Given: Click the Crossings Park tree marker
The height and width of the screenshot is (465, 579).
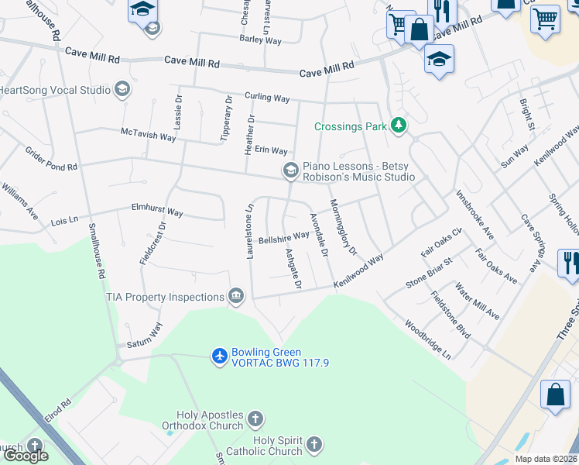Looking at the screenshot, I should (x=399, y=126).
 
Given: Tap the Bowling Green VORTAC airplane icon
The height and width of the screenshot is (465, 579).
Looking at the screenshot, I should (x=220, y=356).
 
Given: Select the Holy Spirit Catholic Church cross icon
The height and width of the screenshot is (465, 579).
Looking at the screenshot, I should (x=313, y=445).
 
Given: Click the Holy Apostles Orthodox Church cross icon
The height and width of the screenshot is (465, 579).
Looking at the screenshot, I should (x=255, y=419).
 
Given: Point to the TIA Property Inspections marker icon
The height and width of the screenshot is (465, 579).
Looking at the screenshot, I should (x=236, y=295).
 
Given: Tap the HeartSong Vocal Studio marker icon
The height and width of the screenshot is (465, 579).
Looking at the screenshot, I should (x=122, y=90).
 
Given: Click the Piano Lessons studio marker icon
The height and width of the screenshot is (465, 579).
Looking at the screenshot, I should (x=290, y=170).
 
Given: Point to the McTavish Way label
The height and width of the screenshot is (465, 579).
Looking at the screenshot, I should (x=149, y=135).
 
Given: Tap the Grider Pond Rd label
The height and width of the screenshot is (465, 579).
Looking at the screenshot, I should (x=51, y=158).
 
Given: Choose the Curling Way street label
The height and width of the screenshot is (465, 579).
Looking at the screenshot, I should (x=266, y=98).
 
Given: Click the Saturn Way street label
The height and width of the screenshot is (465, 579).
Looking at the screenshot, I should (x=144, y=336).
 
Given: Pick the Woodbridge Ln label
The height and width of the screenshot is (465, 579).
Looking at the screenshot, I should (x=427, y=340).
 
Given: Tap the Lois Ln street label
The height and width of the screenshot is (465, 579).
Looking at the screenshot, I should (x=64, y=221).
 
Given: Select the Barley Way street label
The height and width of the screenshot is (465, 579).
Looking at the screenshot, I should (x=260, y=39).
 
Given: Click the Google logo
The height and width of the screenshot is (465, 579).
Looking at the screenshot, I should (x=26, y=456).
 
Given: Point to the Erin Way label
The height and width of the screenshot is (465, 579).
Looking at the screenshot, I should (x=271, y=150).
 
